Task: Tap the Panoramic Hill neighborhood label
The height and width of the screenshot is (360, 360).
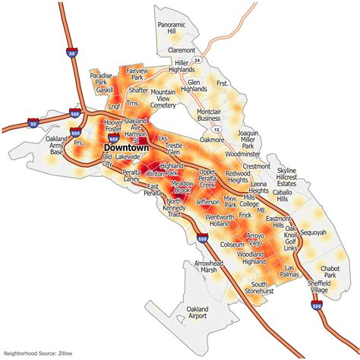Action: [x=171, y=28]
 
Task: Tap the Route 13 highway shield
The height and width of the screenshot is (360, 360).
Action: [x=217, y=130]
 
